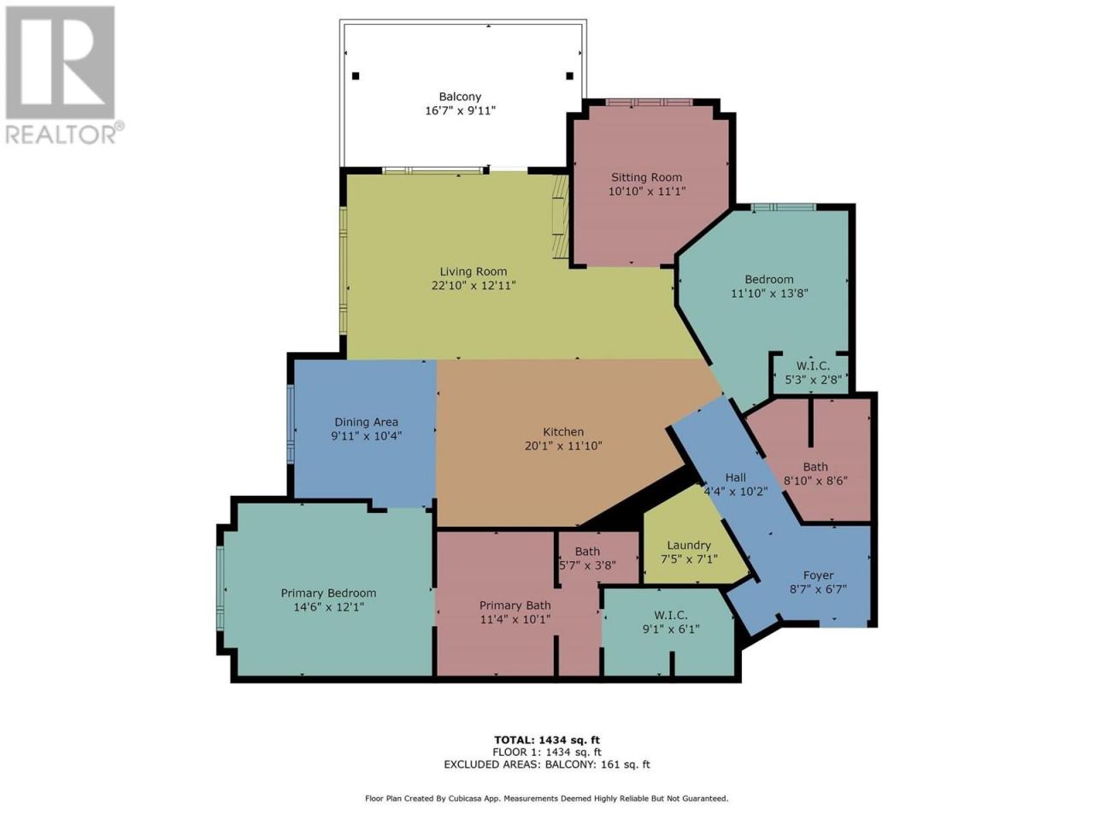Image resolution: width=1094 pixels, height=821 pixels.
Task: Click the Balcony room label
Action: (460, 97)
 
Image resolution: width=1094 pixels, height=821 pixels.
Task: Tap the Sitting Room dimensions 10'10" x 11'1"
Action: (646, 191)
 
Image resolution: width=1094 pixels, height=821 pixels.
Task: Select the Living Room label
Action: (473, 272)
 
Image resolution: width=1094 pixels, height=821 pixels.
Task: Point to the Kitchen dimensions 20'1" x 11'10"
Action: (563, 446)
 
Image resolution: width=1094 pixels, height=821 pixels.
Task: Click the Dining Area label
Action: (367, 422)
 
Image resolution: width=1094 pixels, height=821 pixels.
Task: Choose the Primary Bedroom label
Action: (328, 594)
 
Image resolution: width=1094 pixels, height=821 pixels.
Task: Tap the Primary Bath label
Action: (515, 605)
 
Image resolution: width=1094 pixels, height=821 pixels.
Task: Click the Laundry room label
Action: (689, 546)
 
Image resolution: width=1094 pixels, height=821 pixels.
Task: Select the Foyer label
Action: (818, 576)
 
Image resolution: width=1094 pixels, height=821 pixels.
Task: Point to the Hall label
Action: (735, 477)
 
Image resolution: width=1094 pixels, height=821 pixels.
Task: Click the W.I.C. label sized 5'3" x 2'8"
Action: (814, 366)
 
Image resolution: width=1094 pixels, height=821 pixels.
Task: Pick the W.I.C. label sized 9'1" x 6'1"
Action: (671, 616)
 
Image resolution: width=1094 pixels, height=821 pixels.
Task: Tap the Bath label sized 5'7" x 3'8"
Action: (587, 552)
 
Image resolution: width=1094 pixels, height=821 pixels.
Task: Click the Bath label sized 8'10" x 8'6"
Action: (815, 467)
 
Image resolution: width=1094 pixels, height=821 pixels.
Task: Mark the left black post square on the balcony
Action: (356, 76)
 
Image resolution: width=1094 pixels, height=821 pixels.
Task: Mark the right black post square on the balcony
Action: (569, 76)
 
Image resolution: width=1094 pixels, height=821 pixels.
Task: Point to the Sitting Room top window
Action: (649, 102)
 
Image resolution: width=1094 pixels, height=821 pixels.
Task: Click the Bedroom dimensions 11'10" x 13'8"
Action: (769, 293)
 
